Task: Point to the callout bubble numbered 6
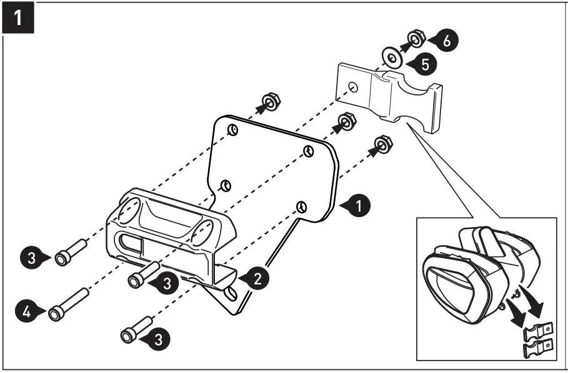pos(446,39)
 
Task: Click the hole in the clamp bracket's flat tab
pos(354,87)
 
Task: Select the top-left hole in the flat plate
pos(232,130)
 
